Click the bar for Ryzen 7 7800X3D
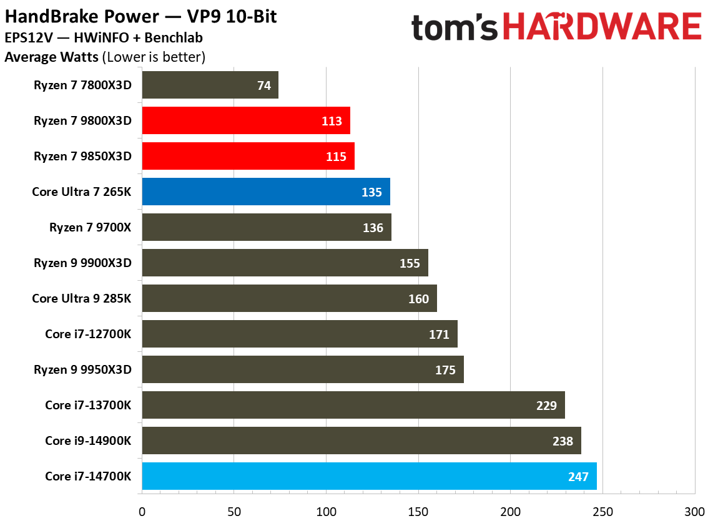pyautogui.click(x=210, y=85)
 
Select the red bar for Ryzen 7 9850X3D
pyautogui.click(x=248, y=156)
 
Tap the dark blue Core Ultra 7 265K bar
pyautogui.click(x=266, y=192)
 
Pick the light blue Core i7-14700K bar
pyautogui.click(x=369, y=476)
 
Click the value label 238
pyautogui.click(x=563, y=441)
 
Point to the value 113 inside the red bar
pyautogui.click(x=332, y=121)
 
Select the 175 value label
pyautogui.click(x=445, y=370)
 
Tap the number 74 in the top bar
pyautogui.click(x=264, y=85)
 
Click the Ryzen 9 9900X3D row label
pyautogui.click(x=82, y=263)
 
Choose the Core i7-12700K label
pyautogui.click(x=88, y=334)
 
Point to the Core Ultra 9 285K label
pyautogui.click(x=82, y=298)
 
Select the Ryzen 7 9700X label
pyautogui.click(x=91, y=227)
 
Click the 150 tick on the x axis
pyautogui.click(x=418, y=511)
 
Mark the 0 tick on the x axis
pyautogui.click(x=142, y=511)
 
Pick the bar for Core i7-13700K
pyautogui.click(x=353, y=405)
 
